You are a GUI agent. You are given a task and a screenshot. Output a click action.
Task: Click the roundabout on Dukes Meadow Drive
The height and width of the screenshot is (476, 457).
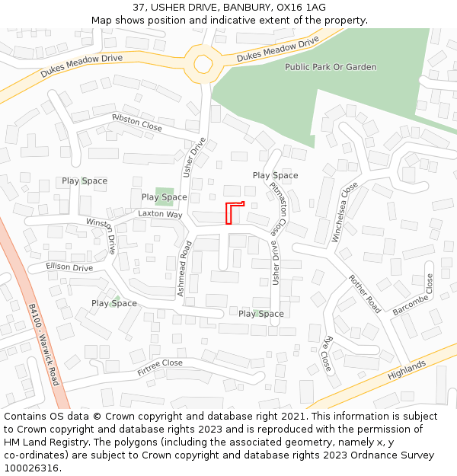pos(203,63)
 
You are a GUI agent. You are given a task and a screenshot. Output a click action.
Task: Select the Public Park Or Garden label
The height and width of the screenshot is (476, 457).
pos(331,67)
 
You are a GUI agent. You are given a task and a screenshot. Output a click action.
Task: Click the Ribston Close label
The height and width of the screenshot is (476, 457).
pos(137,123)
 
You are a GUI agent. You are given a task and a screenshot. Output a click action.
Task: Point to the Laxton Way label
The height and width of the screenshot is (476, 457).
pos(160,215)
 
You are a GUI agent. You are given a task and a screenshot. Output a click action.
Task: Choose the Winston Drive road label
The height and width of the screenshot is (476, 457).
pos(101,235)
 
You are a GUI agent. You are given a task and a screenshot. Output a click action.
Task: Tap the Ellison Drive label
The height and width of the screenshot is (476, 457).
pos(69,267)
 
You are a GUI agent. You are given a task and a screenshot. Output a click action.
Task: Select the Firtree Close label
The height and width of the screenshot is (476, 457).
pos(160,368)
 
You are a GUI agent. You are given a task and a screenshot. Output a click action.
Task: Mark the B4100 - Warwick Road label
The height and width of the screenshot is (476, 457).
pos(44,344)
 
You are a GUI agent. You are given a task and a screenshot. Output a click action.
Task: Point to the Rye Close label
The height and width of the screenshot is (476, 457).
pos(328,351)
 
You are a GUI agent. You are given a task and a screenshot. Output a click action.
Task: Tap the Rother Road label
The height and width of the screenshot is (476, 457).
pos(364,294)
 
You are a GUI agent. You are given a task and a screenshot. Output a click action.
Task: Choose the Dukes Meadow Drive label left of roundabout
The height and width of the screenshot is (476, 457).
pos(81,68)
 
